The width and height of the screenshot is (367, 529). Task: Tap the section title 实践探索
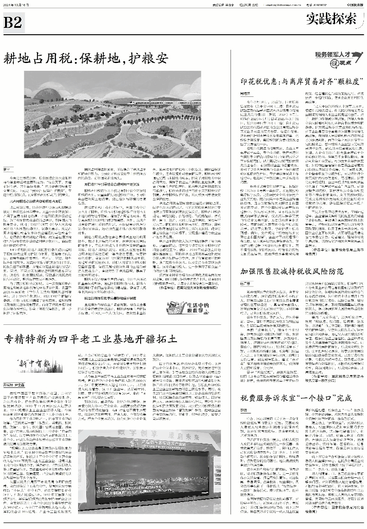(332, 20)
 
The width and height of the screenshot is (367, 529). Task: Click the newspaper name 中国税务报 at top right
(352, 4)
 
